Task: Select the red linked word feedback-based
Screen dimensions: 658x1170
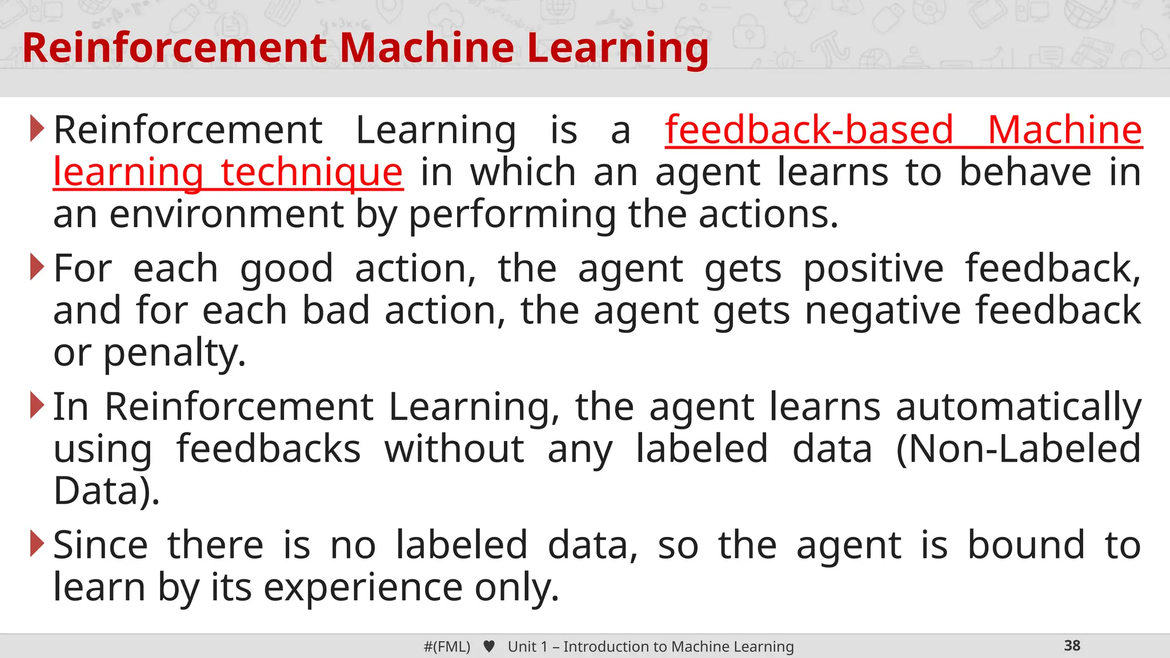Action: (809, 130)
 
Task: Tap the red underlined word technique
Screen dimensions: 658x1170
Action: (312, 172)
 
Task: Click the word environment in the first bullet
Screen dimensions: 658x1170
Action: (227, 215)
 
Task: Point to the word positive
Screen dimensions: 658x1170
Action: (874, 268)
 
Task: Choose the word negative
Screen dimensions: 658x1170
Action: (883, 311)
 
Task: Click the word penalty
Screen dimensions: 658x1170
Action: (174, 353)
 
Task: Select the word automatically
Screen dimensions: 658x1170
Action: (1018, 407)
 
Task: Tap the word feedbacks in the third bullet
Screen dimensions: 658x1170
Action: (269, 449)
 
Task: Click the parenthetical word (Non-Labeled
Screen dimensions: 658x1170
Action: (1018, 449)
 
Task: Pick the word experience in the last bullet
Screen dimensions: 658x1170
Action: (363, 588)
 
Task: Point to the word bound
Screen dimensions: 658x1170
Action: (1026, 545)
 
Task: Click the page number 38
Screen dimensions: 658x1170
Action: (1072, 645)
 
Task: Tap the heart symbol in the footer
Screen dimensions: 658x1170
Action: (489, 647)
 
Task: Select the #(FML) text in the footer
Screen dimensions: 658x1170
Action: (447, 647)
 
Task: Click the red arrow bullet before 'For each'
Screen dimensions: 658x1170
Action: (37, 267)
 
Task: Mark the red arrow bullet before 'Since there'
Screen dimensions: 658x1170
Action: (37, 544)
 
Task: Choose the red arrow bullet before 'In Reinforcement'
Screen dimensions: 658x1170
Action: (37, 406)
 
